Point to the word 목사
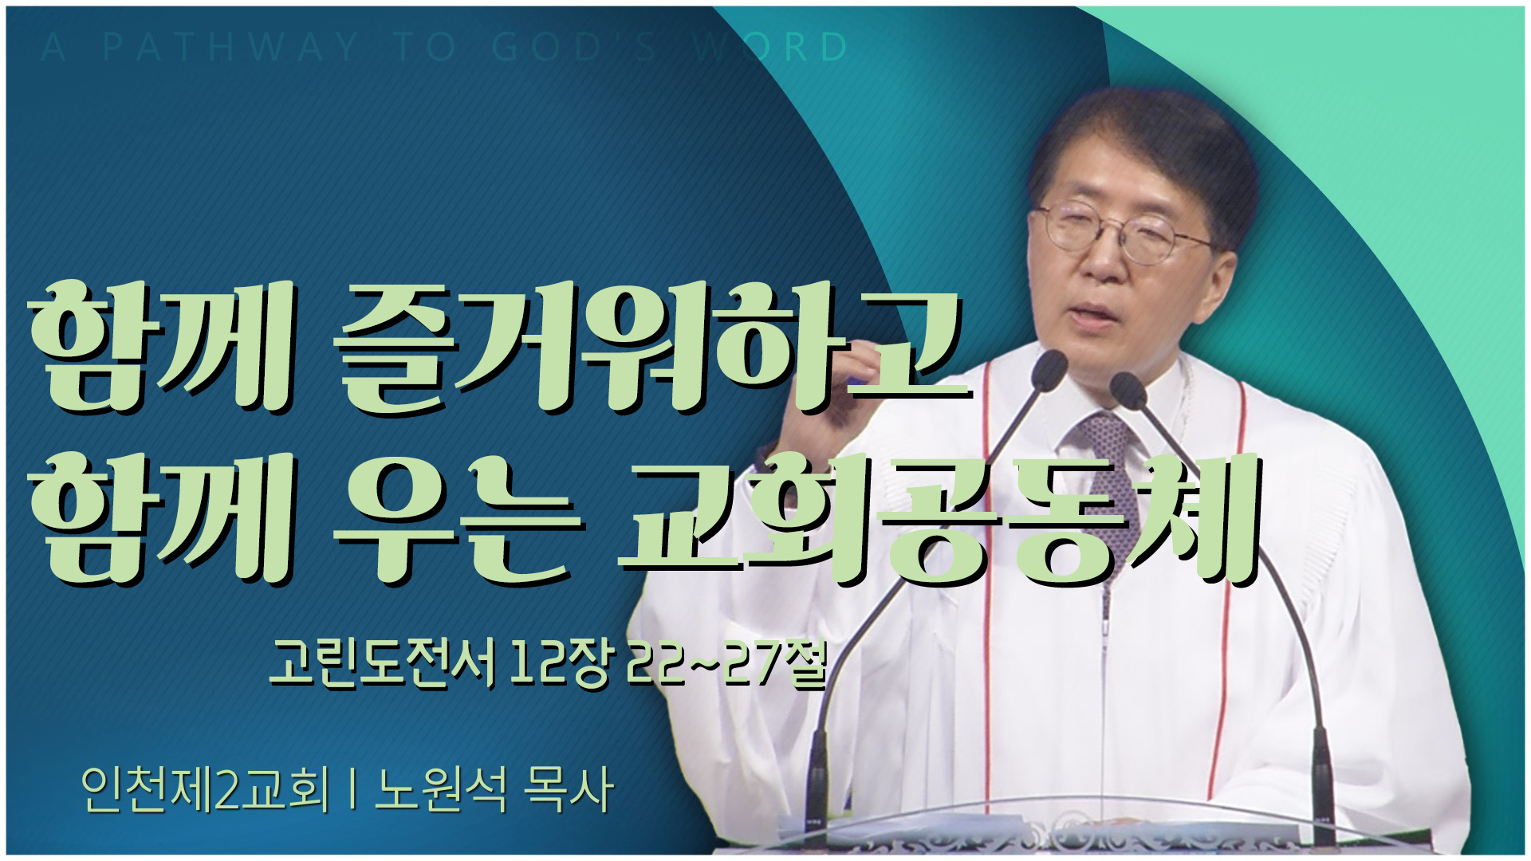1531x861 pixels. [x=568, y=790]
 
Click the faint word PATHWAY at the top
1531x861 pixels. [x=231, y=47]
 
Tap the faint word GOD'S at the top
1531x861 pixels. [x=574, y=47]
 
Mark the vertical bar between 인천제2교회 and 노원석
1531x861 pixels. [x=352, y=790]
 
